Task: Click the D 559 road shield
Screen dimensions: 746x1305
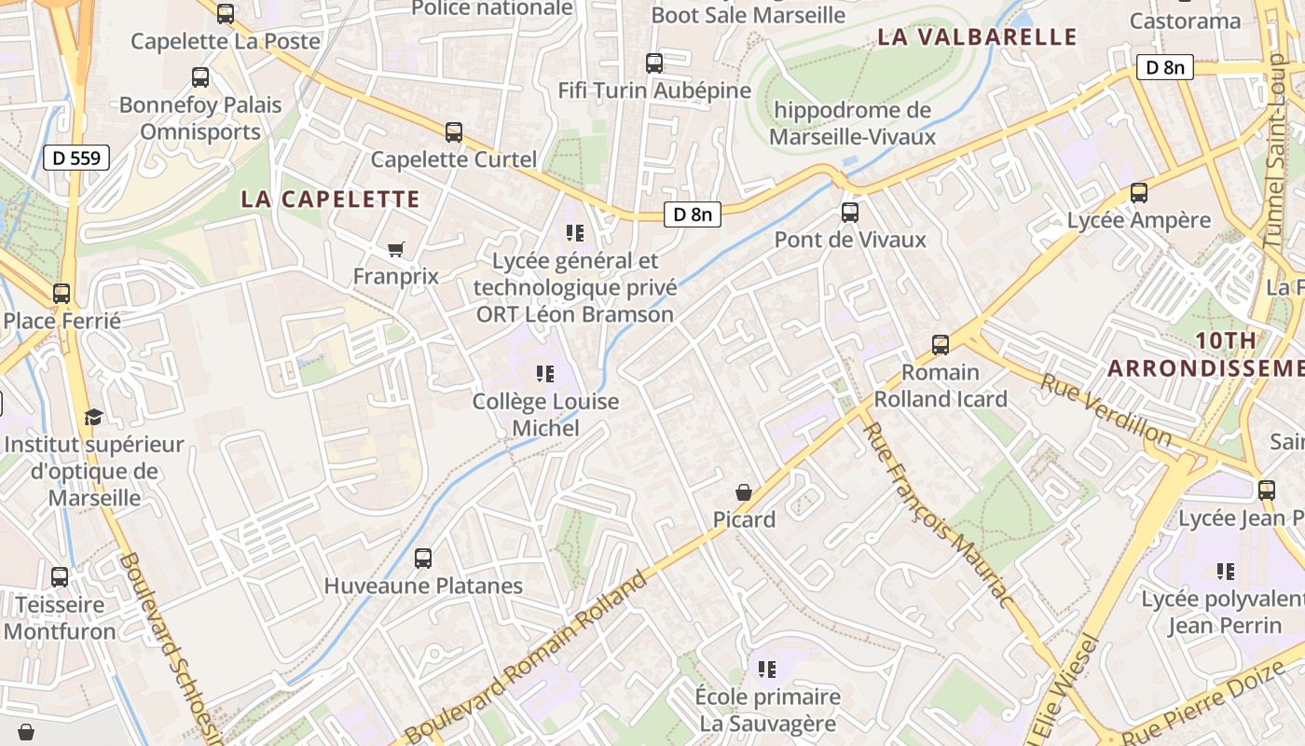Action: coord(76,158)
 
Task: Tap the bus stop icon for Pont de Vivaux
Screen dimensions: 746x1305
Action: coord(849,212)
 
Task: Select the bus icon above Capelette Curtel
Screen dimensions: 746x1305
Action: coord(454,132)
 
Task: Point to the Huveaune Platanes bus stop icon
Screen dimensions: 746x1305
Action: coord(423,559)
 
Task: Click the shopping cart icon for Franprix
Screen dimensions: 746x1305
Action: coord(396,249)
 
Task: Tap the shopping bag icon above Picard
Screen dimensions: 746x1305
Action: coord(744,491)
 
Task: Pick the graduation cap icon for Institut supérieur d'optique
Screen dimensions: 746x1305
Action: coord(93,416)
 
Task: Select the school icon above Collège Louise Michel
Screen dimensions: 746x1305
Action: coord(545,374)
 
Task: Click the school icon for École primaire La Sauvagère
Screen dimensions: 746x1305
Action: coord(767,669)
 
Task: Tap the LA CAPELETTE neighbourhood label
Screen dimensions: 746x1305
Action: coord(331,199)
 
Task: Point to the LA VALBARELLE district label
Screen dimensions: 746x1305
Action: coord(978,37)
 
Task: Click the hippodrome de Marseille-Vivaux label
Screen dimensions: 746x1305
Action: coord(852,123)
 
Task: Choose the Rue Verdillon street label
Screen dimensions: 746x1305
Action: coord(1106,409)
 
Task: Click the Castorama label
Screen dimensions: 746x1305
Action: coord(1185,21)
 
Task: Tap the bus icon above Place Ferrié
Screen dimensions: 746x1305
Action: coord(62,294)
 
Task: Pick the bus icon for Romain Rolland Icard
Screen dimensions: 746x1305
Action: coord(940,345)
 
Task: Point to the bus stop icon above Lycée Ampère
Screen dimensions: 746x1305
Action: coord(1138,193)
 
